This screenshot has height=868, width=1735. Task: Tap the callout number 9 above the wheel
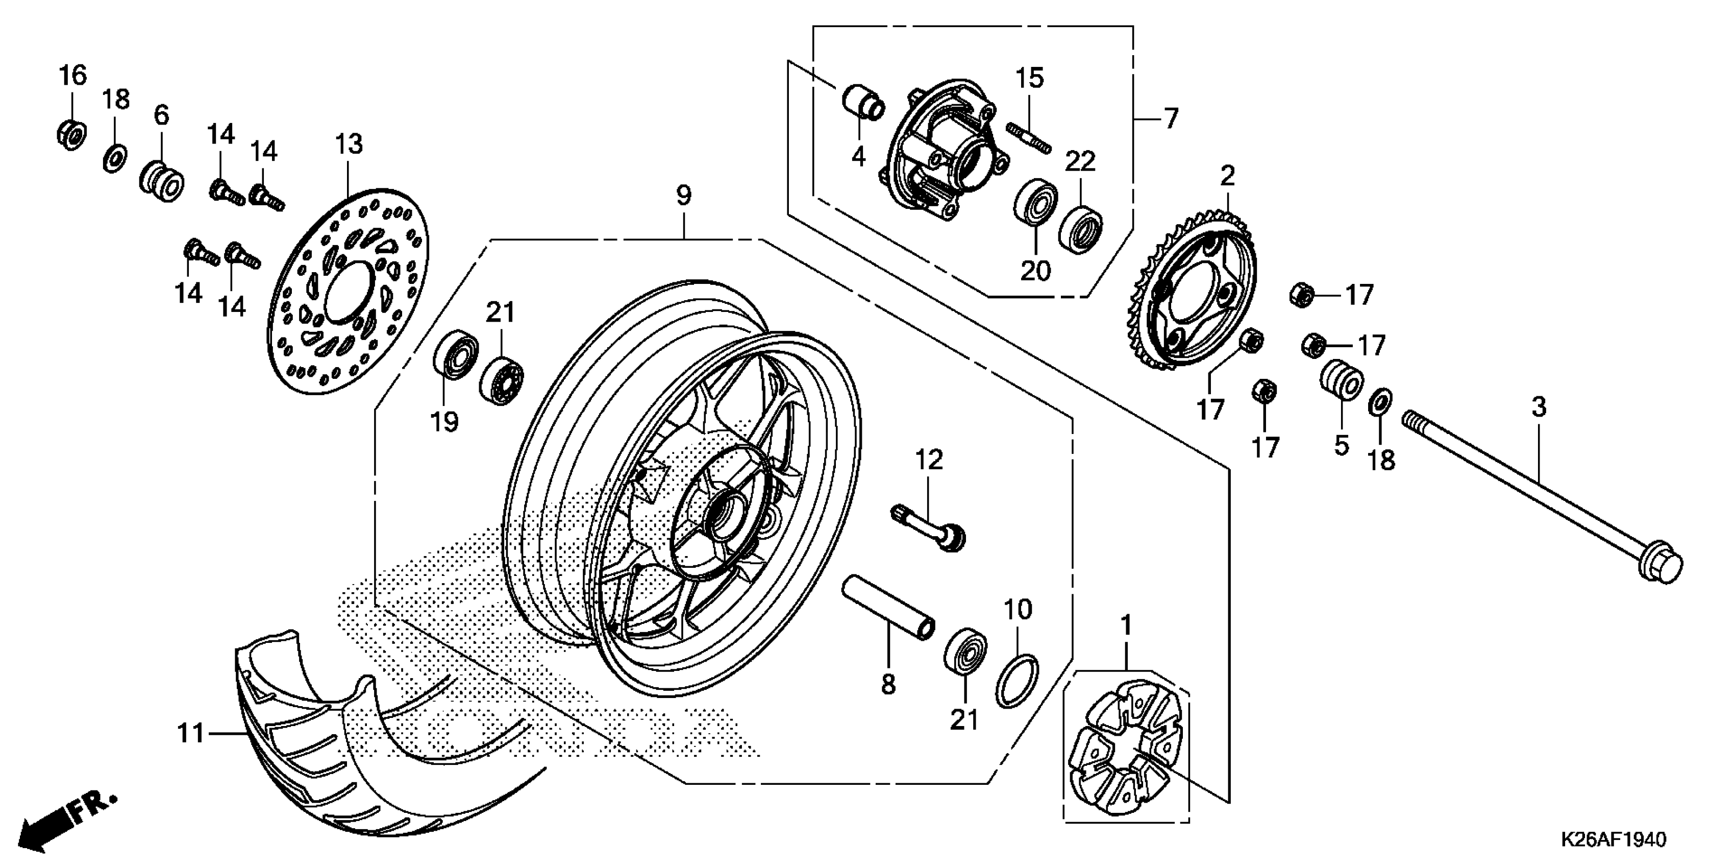coord(684,196)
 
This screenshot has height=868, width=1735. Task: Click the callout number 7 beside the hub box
coord(1171,118)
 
